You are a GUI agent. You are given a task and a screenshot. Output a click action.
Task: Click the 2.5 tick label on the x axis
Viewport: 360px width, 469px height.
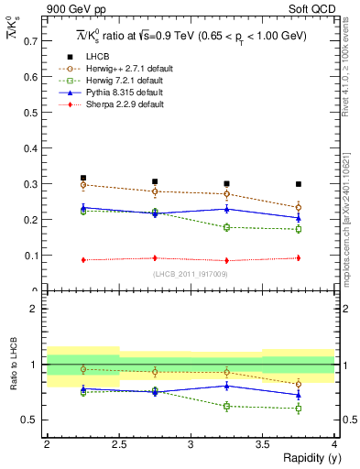(x=118, y=443)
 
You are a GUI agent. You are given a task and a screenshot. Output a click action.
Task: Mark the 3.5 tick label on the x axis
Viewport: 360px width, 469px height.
(x=262, y=443)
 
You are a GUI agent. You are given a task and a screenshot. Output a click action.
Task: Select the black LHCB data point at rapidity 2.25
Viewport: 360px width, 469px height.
(x=83, y=178)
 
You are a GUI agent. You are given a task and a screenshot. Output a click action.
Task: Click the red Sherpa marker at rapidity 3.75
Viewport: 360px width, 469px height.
(x=299, y=257)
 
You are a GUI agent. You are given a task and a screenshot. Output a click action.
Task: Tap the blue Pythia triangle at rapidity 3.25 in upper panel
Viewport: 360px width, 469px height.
(x=227, y=209)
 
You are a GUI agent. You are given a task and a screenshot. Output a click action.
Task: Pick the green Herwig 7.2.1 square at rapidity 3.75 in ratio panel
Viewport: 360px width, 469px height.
(x=299, y=409)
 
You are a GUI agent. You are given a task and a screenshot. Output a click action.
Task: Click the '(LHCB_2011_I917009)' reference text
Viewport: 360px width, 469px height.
(x=191, y=273)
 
